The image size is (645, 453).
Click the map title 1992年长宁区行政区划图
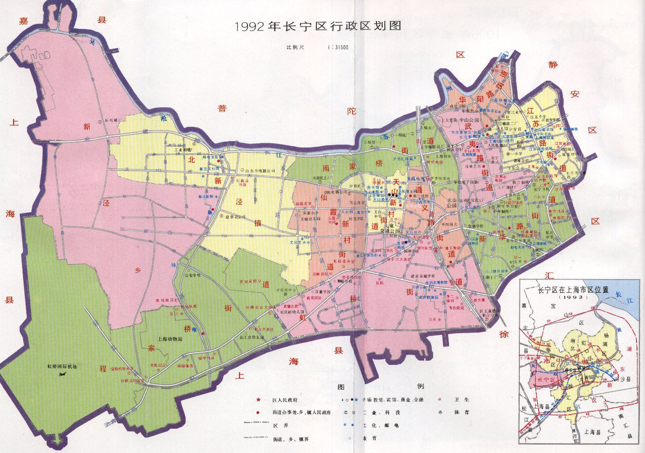[x=318, y=26]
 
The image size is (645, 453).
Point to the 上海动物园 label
[x=170, y=339]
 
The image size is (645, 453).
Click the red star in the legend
[x=258, y=400]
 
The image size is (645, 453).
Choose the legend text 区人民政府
[x=285, y=400]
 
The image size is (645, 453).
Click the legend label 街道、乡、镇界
[x=291, y=439]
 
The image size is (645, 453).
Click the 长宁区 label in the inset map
[x=546, y=379]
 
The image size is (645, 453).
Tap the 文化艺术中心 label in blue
[x=300, y=243]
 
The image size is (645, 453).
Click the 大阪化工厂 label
[x=323, y=178]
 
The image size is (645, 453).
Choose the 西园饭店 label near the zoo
[x=185, y=365]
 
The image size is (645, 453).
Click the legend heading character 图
[x=341, y=386]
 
